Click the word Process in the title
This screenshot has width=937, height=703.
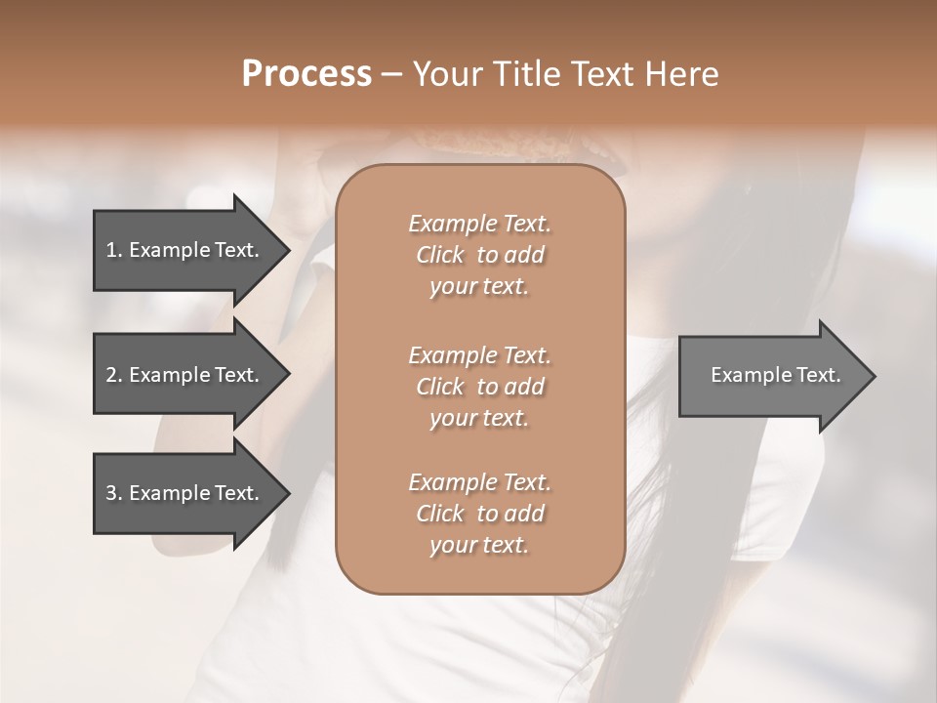tap(306, 74)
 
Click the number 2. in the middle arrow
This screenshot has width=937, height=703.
tap(114, 375)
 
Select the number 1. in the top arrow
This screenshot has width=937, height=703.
tap(114, 250)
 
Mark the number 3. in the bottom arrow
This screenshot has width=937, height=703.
tap(114, 493)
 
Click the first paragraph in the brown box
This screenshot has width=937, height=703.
tap(479, 255)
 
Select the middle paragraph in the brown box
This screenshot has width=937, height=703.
tap(479, 387)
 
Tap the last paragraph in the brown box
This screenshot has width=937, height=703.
tap(479, 514)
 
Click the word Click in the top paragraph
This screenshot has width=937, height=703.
tap(440, 255)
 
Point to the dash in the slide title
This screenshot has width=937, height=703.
tap(391, 74)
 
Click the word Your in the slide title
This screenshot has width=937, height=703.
tap(446, 74)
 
